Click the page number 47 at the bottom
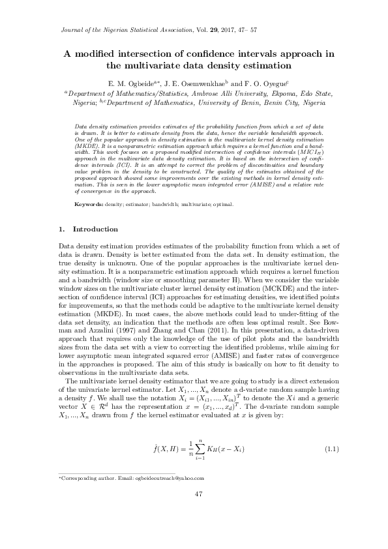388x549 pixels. [200, 512]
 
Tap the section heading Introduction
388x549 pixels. [95, 230]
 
